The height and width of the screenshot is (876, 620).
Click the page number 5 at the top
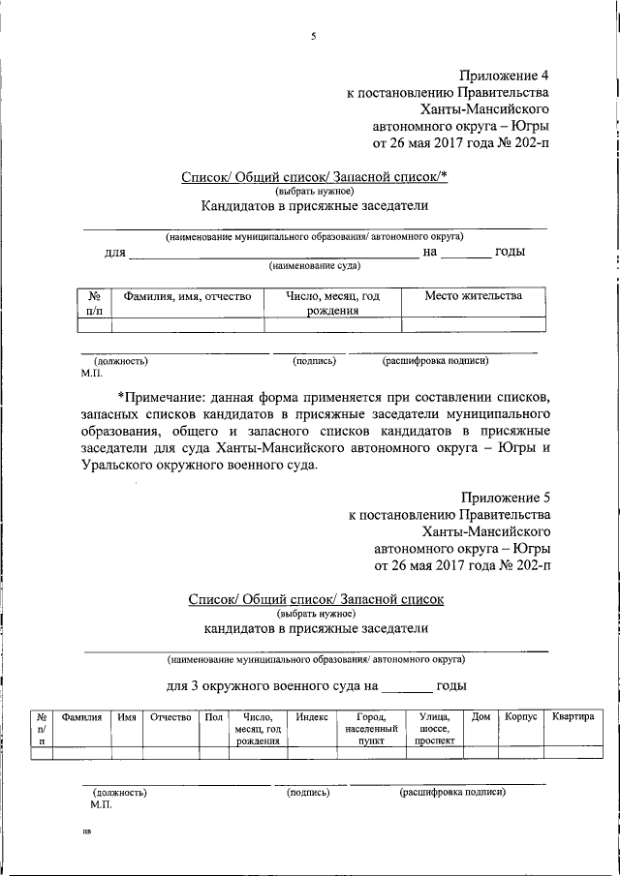click(313, 37)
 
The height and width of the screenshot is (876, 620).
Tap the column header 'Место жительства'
click(473, 296)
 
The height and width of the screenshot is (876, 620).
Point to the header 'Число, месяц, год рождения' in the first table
click(333, 303)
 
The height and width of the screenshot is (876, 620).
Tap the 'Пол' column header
click(212, 717)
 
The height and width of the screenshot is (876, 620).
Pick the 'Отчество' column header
click(170, 717)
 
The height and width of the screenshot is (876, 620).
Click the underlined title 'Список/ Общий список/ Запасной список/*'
click(313, 178)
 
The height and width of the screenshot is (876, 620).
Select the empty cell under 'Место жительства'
click(473, 326)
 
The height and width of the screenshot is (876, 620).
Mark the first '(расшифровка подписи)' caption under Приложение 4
click(435, 361)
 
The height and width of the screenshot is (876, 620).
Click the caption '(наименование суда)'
click(316, 265)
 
